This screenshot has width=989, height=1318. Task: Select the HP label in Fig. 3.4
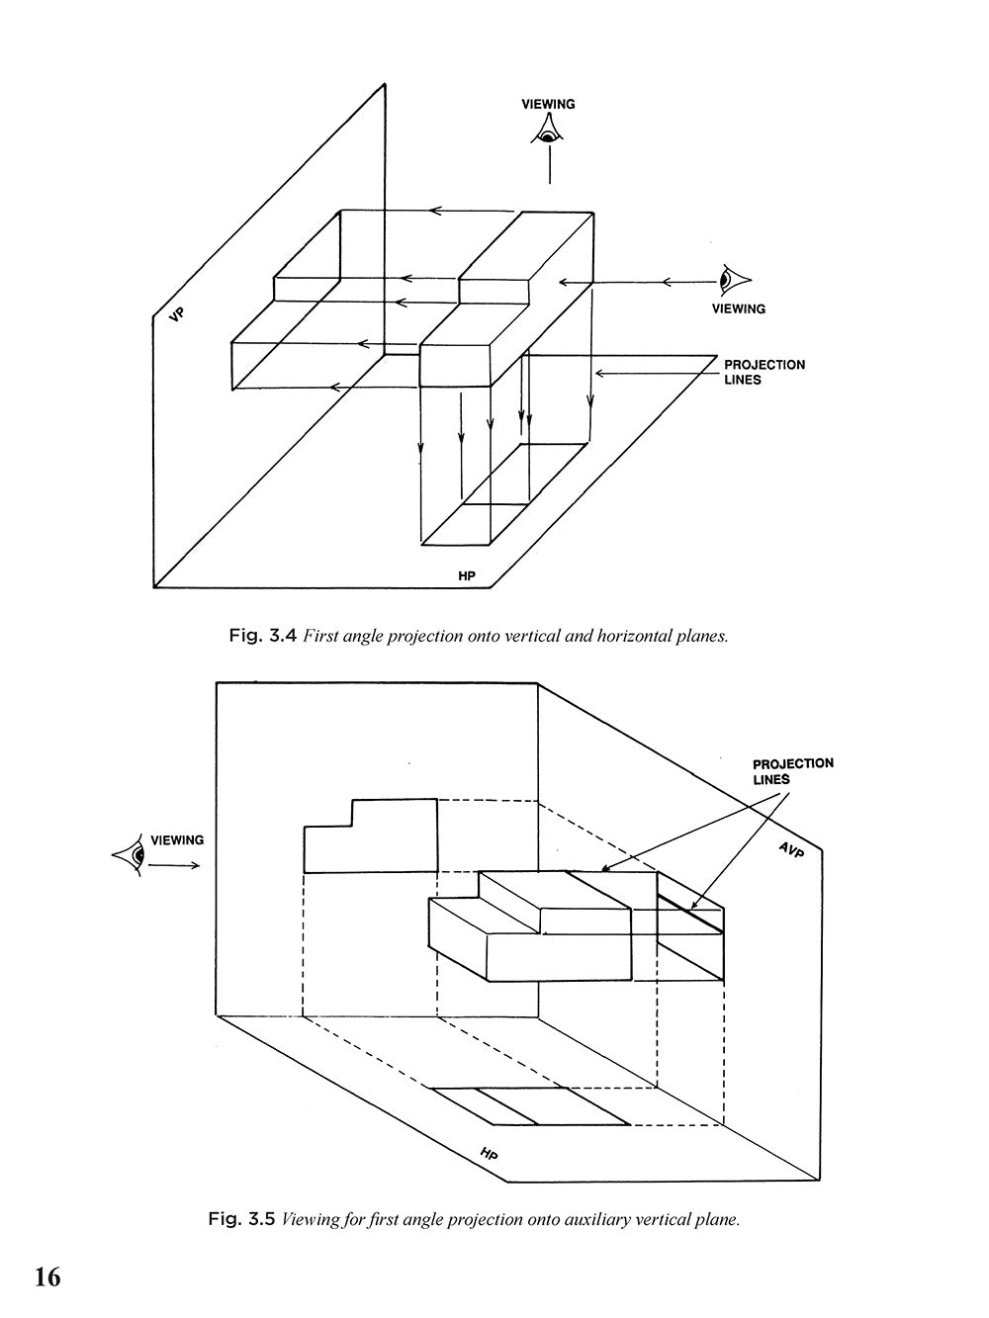pos(468,575)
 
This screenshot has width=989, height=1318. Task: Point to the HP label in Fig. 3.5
pos(489,1154)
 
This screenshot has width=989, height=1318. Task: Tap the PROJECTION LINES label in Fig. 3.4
pos(764,372)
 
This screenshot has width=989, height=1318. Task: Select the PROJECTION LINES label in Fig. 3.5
pos(792,771)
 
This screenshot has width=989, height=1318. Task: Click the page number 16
pos(47,1277)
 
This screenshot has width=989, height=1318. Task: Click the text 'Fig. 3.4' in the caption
pos(262,636)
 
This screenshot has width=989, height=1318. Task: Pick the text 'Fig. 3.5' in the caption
pos(241,1219)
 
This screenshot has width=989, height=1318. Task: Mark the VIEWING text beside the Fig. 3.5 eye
pos(177,840)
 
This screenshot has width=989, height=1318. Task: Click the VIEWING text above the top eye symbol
pos(549,104)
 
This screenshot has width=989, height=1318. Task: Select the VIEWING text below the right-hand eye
pos(738,308)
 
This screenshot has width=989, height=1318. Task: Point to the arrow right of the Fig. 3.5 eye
pos(177,865)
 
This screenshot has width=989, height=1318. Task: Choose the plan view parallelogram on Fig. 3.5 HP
pos(532,1106)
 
